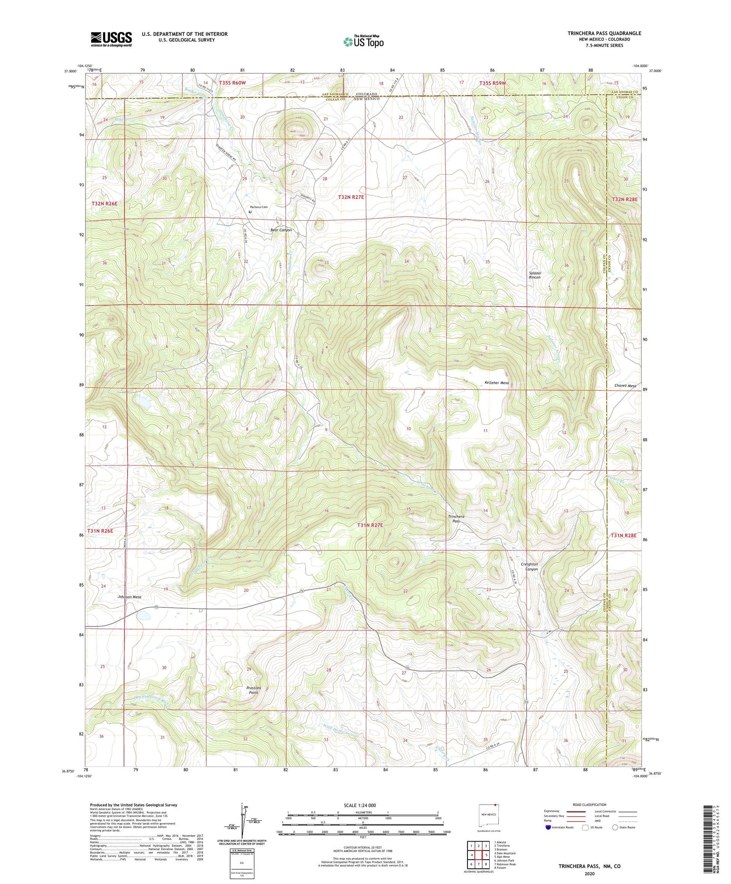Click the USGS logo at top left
click(x=111, y=38)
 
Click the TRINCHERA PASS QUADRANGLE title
click(x=604, y=33)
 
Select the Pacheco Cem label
click(x=257, y=207)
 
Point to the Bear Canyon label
click(x=281, y=230)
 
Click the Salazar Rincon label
click(x=535, y=275)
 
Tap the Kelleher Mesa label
click(x=496, y=383)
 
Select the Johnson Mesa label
click(x=129, y=597)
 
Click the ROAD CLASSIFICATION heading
click(x=590, y=805)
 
